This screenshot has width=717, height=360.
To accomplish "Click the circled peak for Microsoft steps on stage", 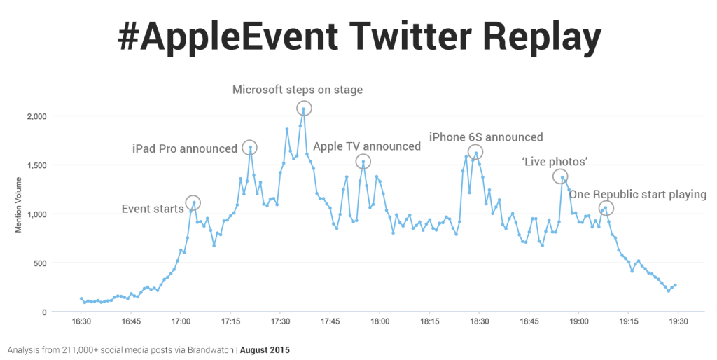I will click(304, 108).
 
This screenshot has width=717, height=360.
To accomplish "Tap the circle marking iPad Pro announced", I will click(250, 147).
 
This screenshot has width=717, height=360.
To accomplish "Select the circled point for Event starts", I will click(193, 202).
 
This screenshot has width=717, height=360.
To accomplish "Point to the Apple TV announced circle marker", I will click(363, 162).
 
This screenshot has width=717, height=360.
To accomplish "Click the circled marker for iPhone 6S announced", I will click(475, 152).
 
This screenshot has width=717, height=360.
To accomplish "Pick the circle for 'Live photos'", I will click(561, 176).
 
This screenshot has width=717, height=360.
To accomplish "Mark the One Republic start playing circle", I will click(606, 208).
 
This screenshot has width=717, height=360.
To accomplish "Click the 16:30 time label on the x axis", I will click(81, 321).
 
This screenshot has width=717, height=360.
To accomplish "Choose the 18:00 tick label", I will click(380, 321).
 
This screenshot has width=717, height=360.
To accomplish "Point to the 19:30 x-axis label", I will click(678, 321).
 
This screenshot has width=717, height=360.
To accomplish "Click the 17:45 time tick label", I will click(330, 321).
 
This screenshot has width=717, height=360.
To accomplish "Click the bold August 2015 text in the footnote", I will click(265, 349).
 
